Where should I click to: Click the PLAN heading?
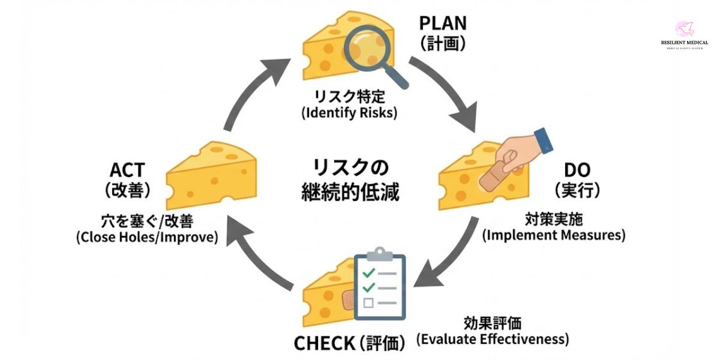443,24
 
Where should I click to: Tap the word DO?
577,170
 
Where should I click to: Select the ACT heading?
127,170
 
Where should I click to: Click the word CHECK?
324,343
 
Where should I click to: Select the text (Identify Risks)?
349,112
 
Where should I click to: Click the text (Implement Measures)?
554,235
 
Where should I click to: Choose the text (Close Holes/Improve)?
147,237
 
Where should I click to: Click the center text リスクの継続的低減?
350,180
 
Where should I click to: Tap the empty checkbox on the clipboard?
368,302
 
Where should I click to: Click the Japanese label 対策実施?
553,218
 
